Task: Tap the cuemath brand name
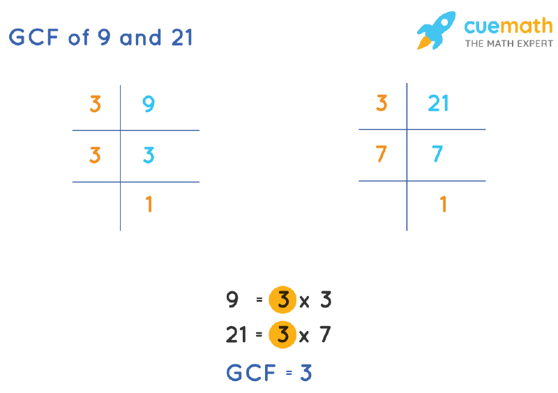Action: coord(508,26)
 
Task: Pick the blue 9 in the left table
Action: coord(149,105)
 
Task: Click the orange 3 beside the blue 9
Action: coord(96,105)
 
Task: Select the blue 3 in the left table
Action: coord(149,155)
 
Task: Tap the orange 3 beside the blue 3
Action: coord(96,155)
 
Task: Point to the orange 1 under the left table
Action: coord(149,205)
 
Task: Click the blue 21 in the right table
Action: coord(438,104)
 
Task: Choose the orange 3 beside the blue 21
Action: coord(382,104)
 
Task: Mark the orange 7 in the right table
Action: coord(382,154)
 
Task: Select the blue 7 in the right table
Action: coord(437,154)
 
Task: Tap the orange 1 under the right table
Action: coord(443,204)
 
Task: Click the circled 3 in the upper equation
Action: coord(282,302)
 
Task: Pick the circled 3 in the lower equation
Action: coord(282,335)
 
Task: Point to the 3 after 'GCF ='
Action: coord(306,373)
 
